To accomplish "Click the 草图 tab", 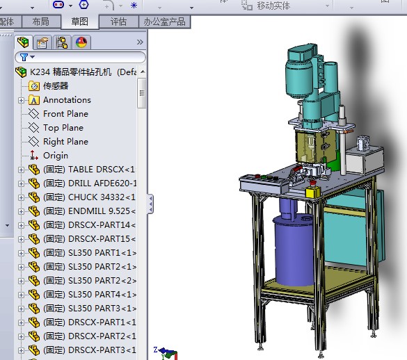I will (80, 22).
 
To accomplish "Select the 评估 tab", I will (118, 22).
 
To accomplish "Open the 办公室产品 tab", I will (164, 22).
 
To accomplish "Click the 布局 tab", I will (40, 22).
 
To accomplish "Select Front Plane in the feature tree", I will (65, 114).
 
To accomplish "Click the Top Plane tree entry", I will (63, 128).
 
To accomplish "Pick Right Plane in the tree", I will (65, 142).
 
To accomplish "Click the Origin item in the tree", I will (56, 156).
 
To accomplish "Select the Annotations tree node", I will (67, 100).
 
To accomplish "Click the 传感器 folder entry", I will (56, 86).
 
